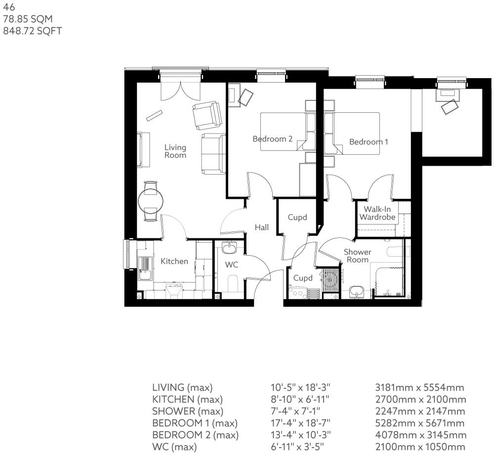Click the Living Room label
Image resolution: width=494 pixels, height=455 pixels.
point(175,151)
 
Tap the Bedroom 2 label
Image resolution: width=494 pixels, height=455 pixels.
point(272,139)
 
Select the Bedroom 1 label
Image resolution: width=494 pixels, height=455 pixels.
point(369,142)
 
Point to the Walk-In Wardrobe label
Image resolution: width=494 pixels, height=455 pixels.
point(377,213)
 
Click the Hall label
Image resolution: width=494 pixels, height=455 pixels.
point(262,227)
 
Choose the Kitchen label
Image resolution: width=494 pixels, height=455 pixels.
point(174,261)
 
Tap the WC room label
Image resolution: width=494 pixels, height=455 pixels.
point(232,265)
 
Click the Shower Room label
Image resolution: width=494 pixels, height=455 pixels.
point(358,256)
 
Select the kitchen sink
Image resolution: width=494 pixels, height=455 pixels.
point(145,268)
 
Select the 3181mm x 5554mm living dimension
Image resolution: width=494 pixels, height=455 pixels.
point(420,387)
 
